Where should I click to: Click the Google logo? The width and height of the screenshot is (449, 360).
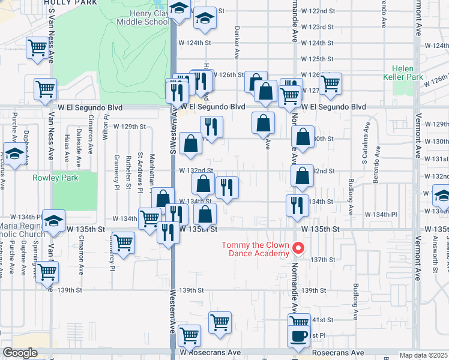(x=19, y=353)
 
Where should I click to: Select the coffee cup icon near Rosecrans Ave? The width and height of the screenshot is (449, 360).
(x=298, y=337)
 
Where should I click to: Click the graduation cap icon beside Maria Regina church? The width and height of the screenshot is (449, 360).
(x=53, y=221)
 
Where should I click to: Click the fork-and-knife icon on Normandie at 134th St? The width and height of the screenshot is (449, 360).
(x=298, y=206)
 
